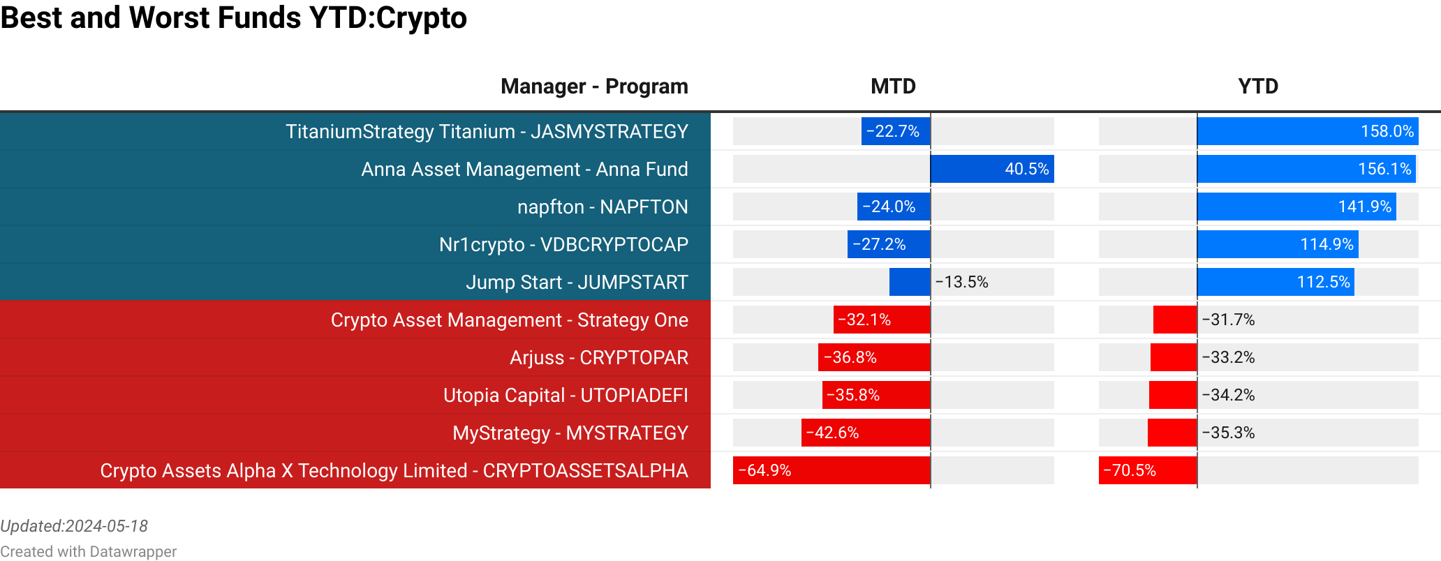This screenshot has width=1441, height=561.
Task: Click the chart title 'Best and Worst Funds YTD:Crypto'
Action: click(x=233, y=17)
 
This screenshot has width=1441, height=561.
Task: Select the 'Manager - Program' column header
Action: click(x=594, y=87)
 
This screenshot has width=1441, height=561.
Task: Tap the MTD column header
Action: click(x=893, y=87)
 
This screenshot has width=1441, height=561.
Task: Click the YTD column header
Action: click(x=1258, y=87)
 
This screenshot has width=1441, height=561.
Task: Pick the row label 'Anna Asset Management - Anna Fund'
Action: click(x=524, y=170)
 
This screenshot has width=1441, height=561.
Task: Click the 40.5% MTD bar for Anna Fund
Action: click(x=992, y=170)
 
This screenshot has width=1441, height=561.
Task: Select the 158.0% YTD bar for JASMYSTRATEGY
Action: click(x=1307, y=132)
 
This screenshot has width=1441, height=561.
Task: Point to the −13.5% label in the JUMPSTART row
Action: click(x=961, y=283)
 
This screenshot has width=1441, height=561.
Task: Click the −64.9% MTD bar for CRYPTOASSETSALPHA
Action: click(x=831, y=471)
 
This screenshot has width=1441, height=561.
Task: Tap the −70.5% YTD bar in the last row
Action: click(x=1147, y=471)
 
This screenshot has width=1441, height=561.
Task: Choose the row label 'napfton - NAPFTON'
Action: click(x=603, y=207)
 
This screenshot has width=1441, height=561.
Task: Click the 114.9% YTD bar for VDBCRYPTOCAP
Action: click(x=1278, y=245)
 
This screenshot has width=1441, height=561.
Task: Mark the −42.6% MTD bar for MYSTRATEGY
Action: click(x=865, y=433)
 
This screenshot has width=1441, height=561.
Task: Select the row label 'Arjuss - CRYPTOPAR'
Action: click(x=598, y=358)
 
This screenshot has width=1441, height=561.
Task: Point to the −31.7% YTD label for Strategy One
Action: click(x=1228, y=320)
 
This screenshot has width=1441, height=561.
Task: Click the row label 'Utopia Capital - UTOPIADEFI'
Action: click(x=566, y=396)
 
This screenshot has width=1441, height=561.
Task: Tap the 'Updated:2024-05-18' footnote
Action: click(x=74, y=526)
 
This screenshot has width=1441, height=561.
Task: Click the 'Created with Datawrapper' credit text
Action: click(x=88, y=552)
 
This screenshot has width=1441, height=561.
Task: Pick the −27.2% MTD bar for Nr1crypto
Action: click(x=888, y=245)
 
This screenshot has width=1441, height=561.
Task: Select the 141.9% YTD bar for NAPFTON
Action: click(x=1296, y=207)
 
